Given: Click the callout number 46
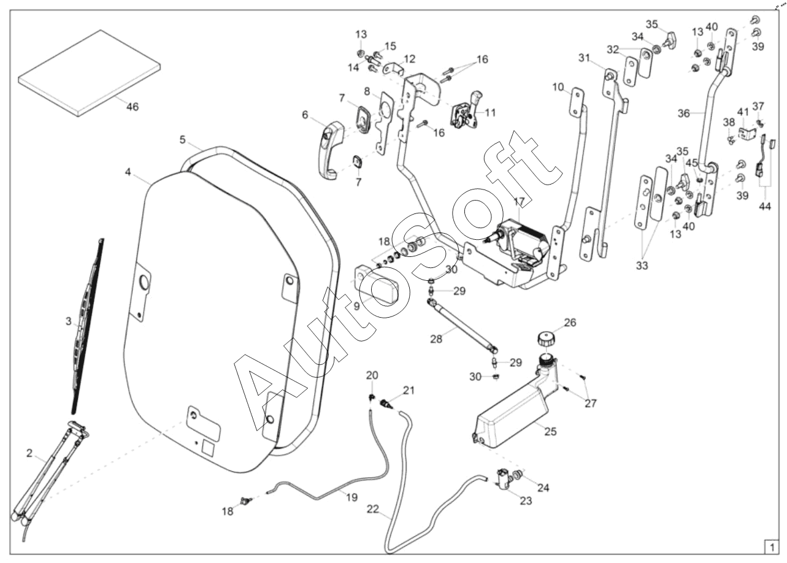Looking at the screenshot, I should (x=132, y=107).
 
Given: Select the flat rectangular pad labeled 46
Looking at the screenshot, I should (x=90, y=72).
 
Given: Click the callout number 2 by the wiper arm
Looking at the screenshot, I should (x=29, y=454).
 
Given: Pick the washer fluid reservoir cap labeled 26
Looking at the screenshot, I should (x=545, y=339).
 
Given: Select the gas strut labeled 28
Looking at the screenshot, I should (x=462, y=324).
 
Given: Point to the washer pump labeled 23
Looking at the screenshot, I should (x=505, y=478).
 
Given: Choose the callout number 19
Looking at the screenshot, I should (x=351, y=498).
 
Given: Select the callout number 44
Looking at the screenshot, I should (x=764, y=207).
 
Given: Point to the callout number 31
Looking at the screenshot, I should (x=583, y=58).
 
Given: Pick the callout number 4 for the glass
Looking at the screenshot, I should (x=128, y=172).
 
